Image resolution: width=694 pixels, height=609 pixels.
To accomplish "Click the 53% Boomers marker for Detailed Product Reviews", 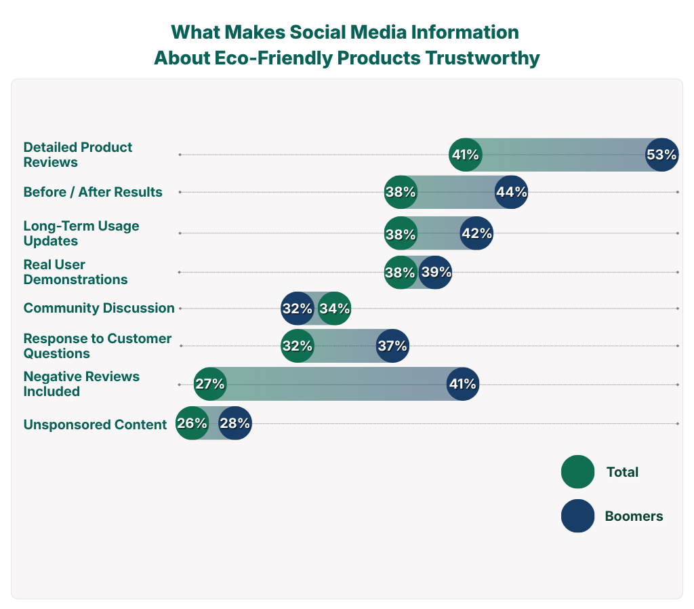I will [x=661, y=155].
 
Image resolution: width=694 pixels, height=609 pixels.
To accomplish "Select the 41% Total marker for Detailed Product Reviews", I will [x=466, y=155].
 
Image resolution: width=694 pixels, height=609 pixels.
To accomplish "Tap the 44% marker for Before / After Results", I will [x=512, y=192].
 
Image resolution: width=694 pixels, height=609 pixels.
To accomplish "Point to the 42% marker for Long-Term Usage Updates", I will [x=476, y=234].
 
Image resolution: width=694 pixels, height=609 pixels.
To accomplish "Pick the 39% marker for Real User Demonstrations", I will [x=435, y=273].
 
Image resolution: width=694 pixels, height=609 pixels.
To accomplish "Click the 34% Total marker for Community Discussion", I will [x=335, y=309].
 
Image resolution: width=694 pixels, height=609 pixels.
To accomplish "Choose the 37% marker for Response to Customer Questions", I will [x=392, y=346].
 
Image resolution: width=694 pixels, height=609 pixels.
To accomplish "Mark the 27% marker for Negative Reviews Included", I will [x=209, y=384].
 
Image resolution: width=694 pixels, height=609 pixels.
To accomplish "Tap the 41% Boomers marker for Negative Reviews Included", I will [x=463, y=384].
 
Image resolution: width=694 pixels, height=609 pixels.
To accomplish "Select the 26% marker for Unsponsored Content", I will [x=192, y=424].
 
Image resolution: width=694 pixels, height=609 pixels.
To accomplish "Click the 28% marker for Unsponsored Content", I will [x=235, y=424].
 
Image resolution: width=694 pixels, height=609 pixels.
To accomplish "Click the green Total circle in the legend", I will [x=577, y=472].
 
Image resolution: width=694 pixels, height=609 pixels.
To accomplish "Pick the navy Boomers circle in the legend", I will [x=577, y=516].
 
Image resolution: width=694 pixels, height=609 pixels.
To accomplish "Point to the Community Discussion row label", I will [x=99, y=308].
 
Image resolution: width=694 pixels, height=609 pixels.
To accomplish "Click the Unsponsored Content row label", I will [x=95, y=425].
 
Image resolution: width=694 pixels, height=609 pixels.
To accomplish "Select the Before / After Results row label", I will [x=93, y=192].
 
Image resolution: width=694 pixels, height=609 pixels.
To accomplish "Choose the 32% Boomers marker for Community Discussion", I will [x=298, y=309].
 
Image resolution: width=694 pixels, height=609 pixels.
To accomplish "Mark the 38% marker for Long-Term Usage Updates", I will [x=401, y=234].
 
